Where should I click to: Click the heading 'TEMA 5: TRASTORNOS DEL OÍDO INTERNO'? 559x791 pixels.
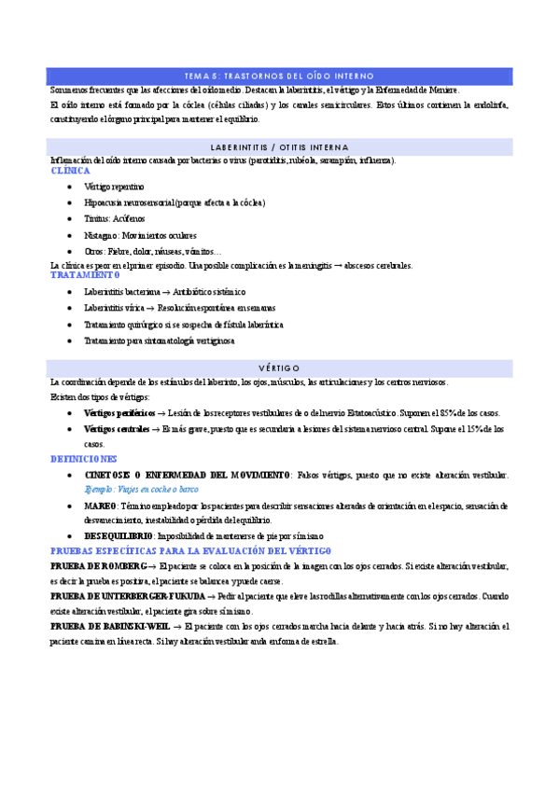[x=279, y=75]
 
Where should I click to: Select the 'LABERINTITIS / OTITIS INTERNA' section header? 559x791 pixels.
[x=279, y=147]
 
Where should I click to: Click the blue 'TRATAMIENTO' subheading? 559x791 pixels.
[x=85, y=276]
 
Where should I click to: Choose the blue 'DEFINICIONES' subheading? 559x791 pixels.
[x=84, y=459]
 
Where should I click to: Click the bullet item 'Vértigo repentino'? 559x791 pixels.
[x=114, y=187]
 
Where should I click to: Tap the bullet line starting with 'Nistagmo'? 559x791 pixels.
[x=140, y=235]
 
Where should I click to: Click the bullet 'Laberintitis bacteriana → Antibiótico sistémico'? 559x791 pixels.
[x=164, y=292]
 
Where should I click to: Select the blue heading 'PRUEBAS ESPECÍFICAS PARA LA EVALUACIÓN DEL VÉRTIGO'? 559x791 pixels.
[x=184, y=551]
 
